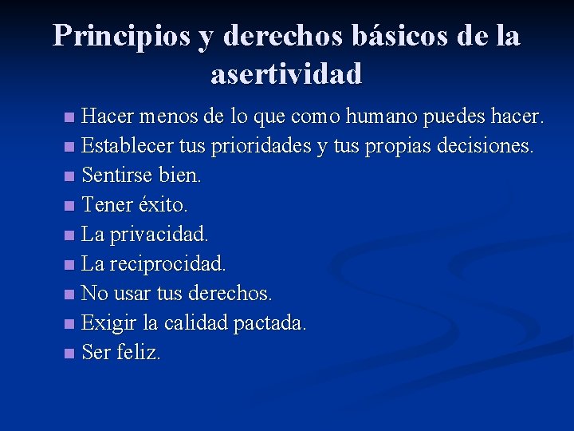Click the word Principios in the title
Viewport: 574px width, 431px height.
(x=122, y=36)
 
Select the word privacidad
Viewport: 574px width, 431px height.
(x=157, y=235)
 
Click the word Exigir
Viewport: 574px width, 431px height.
(x=107, y=323)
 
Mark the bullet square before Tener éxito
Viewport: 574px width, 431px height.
(x=70, y=206)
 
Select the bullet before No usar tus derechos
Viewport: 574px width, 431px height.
(x=70, y=295)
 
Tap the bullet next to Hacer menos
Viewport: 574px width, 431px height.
(x=70, y=118)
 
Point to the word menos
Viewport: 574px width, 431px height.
(x=169, y=117)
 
